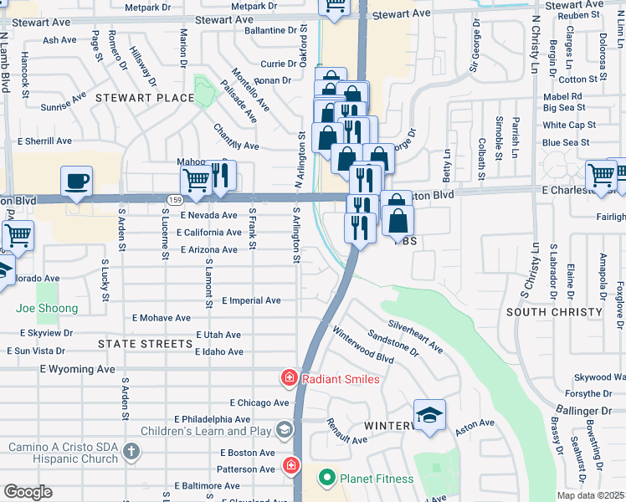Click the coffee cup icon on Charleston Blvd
[76, 182]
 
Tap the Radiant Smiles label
[340, 379]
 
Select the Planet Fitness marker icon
[326, 479]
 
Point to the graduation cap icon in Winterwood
[429, 415]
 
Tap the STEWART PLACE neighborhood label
[144, 98]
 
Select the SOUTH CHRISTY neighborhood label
[553, 312]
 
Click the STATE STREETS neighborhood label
[145, 344]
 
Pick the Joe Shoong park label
[47, 308]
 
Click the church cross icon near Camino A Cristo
[130, 453]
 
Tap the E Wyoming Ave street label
[77, 368]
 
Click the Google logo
[28, 492]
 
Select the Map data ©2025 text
[590, 495]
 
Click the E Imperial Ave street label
[251, 300]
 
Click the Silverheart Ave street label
[414, 335]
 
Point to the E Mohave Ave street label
[162, 318]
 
